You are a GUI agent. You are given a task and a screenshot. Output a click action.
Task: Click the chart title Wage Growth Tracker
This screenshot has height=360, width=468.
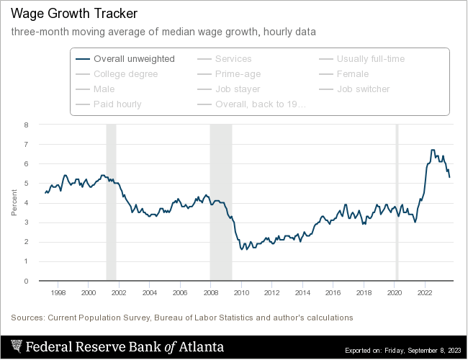coord(73,14)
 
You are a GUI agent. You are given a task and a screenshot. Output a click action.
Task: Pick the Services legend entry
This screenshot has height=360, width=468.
coord(233,59)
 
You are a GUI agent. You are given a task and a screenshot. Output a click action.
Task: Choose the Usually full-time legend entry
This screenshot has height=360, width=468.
coord(371,59)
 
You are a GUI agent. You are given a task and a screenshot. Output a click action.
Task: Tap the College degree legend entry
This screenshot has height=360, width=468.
coord(125,74)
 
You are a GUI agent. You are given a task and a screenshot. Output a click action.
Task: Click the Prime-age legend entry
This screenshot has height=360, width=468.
coord(238,74)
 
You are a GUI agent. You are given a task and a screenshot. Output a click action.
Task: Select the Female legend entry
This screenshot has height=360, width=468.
coord(353,74)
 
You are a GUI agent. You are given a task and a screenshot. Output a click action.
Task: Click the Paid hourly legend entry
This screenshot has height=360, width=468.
coord(117,104)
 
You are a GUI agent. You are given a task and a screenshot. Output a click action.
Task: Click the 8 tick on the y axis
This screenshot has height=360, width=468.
coord(26,125)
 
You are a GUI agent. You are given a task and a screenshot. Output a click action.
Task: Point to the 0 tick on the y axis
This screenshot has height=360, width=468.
coord(26,281)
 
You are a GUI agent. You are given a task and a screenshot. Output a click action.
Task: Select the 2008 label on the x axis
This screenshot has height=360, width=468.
coord(210,293)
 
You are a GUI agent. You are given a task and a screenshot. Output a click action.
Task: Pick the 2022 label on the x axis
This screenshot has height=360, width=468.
coord(425,293)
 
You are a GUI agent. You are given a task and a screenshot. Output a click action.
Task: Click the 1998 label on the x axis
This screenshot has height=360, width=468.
coord(58,293)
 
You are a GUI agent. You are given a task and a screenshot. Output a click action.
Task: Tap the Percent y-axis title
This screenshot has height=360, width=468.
coord(14,202)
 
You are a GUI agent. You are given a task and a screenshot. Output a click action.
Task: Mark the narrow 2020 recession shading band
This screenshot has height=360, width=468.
coord(397,202)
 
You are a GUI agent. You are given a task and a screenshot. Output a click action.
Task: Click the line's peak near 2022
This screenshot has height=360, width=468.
coord(433,150)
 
